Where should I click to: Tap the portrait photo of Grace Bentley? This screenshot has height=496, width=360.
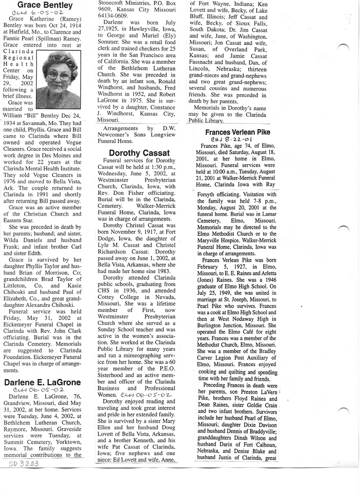click(59, 73)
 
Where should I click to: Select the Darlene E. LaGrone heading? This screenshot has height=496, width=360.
click(42, 382)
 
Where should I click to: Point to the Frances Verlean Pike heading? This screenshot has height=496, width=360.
click(237, 132)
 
